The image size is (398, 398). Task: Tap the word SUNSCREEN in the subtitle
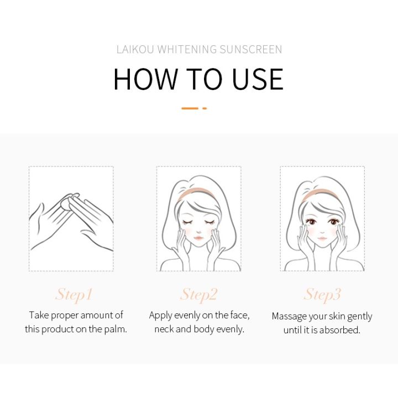click(250, 50)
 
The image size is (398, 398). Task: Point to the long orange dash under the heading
click(190, 108)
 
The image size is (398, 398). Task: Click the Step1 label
click(74, 294)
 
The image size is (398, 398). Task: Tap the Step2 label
click(199, 294)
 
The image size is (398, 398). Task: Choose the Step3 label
click(322, 294)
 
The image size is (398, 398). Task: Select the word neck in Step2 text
click(165, 329)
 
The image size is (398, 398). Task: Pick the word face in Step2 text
click(238, 315)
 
